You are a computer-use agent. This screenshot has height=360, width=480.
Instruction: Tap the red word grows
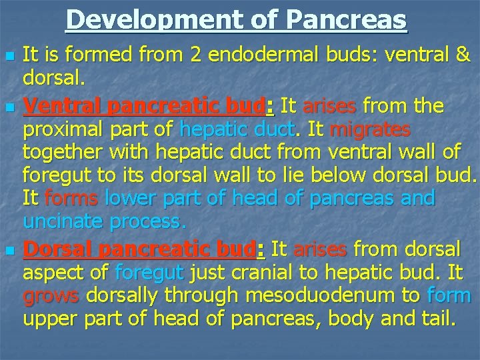click(51, 295)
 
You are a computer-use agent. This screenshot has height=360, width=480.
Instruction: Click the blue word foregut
click(149, 272)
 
